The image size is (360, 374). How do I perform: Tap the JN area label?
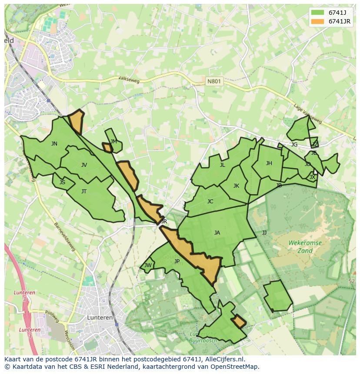54,144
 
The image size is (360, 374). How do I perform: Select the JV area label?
84,165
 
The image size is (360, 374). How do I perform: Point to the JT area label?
84,192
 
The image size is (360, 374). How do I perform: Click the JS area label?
62,182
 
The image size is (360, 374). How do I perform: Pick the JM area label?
113,142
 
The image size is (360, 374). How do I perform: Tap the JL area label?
222,165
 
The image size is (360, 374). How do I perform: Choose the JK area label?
236,186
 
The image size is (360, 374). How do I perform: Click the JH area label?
269,163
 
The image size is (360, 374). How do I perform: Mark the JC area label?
210,202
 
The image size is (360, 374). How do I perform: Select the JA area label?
217,233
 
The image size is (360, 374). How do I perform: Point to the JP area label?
177,261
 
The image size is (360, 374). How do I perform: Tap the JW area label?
148,265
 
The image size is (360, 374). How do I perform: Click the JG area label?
294,145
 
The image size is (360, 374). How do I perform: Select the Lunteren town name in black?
100,318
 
